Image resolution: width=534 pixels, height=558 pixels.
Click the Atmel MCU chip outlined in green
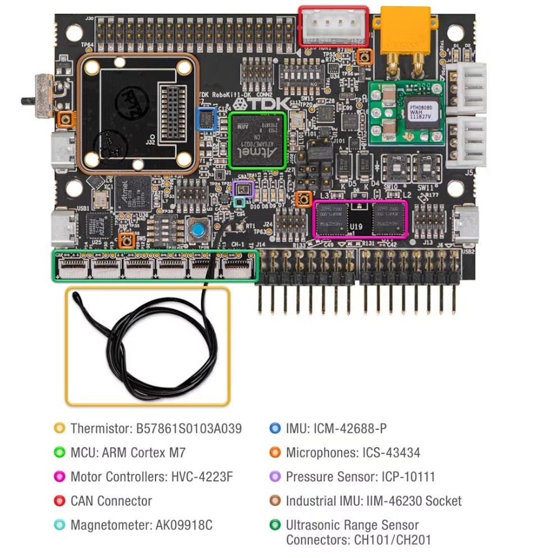(258, 140)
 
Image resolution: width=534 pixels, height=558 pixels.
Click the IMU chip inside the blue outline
(207, 120)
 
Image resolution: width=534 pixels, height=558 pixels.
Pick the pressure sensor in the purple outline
(243, 189)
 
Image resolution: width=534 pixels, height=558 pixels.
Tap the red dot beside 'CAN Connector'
(59, 501)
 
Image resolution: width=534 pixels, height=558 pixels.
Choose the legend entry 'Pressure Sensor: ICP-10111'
(360, 477)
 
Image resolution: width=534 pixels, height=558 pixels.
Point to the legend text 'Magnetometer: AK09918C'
(141, 525)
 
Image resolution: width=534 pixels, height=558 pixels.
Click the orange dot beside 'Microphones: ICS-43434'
(275, 452)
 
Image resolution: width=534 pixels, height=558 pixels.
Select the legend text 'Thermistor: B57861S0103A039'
(156, 428)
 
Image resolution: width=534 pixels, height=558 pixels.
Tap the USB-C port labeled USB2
(465, 225)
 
